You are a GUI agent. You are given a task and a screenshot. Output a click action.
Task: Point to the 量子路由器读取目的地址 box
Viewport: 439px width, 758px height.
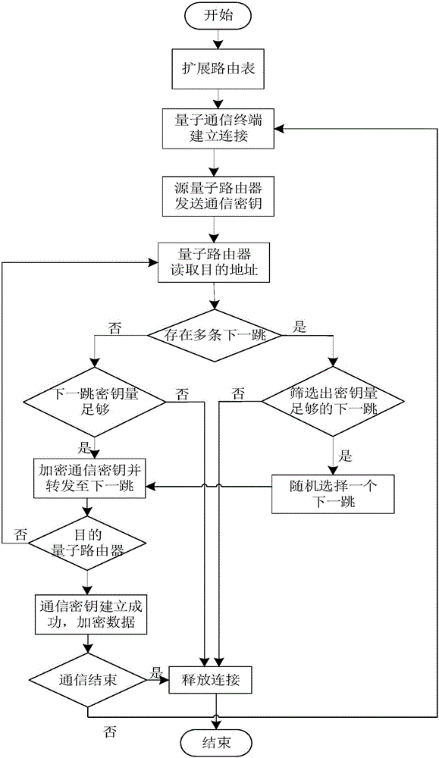[214, 262]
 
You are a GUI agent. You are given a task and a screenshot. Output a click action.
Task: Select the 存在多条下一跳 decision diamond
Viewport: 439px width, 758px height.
[214, 336]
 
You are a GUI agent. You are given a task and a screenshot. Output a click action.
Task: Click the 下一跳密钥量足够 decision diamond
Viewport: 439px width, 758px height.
[94, 401]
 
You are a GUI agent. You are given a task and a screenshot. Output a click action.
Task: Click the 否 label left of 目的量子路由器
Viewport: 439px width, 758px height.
[20, 534]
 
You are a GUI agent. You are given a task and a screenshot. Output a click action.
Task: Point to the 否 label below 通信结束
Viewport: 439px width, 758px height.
[111, 731]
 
